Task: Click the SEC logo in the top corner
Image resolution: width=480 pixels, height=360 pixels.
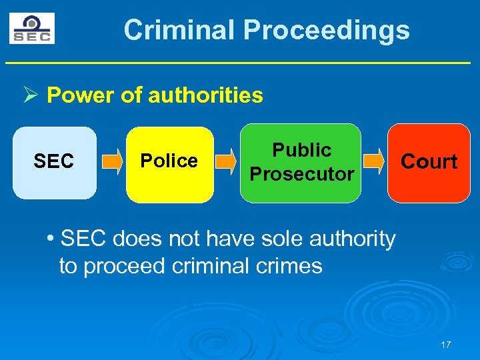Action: point(32,29)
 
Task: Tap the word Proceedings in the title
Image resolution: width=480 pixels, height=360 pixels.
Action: point(326,30)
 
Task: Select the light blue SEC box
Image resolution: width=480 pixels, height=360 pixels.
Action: point(54,163)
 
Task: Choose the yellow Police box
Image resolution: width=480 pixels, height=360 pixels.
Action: point(169,163)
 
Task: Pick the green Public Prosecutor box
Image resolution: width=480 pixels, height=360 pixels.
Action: point(301,163)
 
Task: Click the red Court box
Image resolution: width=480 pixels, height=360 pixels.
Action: point(429,163)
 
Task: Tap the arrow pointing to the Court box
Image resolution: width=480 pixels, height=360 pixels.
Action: point(374,161)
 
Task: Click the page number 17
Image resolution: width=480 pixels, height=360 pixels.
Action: point(446,345)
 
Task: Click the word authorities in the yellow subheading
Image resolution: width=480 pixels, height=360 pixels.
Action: point(205,95)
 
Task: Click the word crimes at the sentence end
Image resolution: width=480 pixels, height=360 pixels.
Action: point(289,266)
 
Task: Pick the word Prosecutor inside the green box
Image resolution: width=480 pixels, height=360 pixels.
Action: point(301,174)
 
